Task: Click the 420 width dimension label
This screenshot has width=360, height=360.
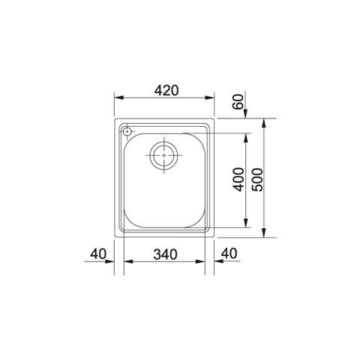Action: coord(165,91)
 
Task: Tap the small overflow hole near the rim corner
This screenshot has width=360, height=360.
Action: coord(127,132)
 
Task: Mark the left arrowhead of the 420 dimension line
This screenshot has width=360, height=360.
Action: coord(118,99)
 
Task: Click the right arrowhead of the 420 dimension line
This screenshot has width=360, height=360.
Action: coord(211,99)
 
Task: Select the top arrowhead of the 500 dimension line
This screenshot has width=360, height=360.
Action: coord(268,121)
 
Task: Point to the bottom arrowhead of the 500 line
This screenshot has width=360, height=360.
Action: coord(268,234)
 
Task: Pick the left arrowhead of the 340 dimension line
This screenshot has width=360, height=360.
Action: coord(127,262)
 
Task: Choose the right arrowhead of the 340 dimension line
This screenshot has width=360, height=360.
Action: coord(203,262)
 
